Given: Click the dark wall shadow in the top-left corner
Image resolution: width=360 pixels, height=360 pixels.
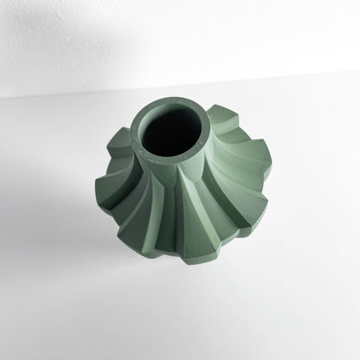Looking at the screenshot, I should tap(35, 26).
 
